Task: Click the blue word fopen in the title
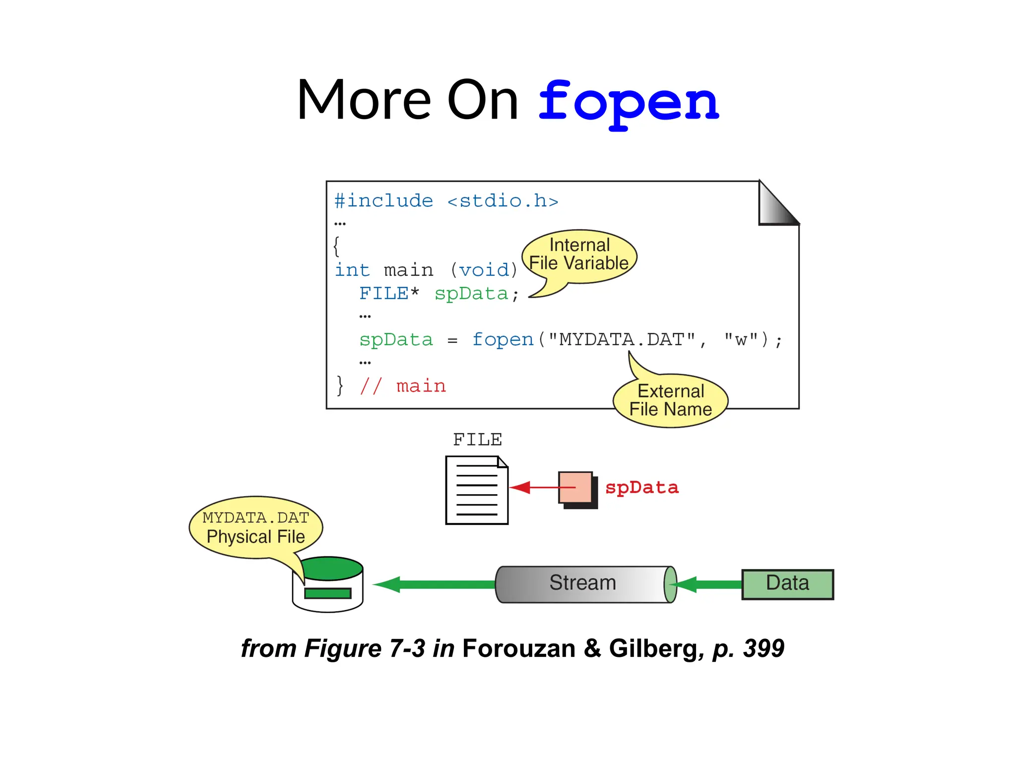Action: click(x=629, y=103)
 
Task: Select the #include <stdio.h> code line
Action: click(x=446, y=201)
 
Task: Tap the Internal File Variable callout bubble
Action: click(x=579, y=255)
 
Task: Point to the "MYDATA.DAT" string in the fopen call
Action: click(x=622, y=340)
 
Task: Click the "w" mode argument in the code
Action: click(x=741, y=340)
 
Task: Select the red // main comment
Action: click(x=403, y=386)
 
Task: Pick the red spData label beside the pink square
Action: click(x=641, y=488)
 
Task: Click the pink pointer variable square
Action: click(x=575, y=488)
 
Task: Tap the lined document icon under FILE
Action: click(x=477, y=490)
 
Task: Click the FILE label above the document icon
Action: click(x=477, y=440)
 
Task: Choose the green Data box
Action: click(x=787, y=584)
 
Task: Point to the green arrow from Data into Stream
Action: click(x=709, y=585)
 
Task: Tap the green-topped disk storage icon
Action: click(x=328, y=585)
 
